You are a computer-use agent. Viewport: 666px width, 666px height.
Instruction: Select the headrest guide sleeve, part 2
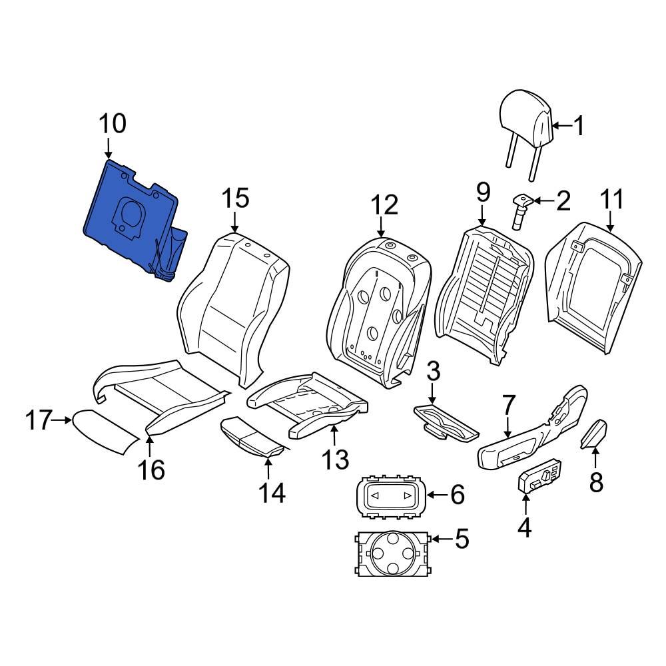pos(519,210)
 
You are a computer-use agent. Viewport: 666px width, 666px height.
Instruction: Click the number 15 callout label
pos(234,198)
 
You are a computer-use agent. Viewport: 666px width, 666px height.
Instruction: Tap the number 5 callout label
pos(461,538)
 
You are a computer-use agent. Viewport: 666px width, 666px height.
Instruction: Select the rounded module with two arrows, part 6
pos(389,496)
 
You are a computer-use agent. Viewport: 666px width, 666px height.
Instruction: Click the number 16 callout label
pos(151,470)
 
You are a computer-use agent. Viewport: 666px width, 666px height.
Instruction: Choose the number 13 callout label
pos(336,458)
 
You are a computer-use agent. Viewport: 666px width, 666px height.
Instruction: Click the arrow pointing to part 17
pos(63,420)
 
